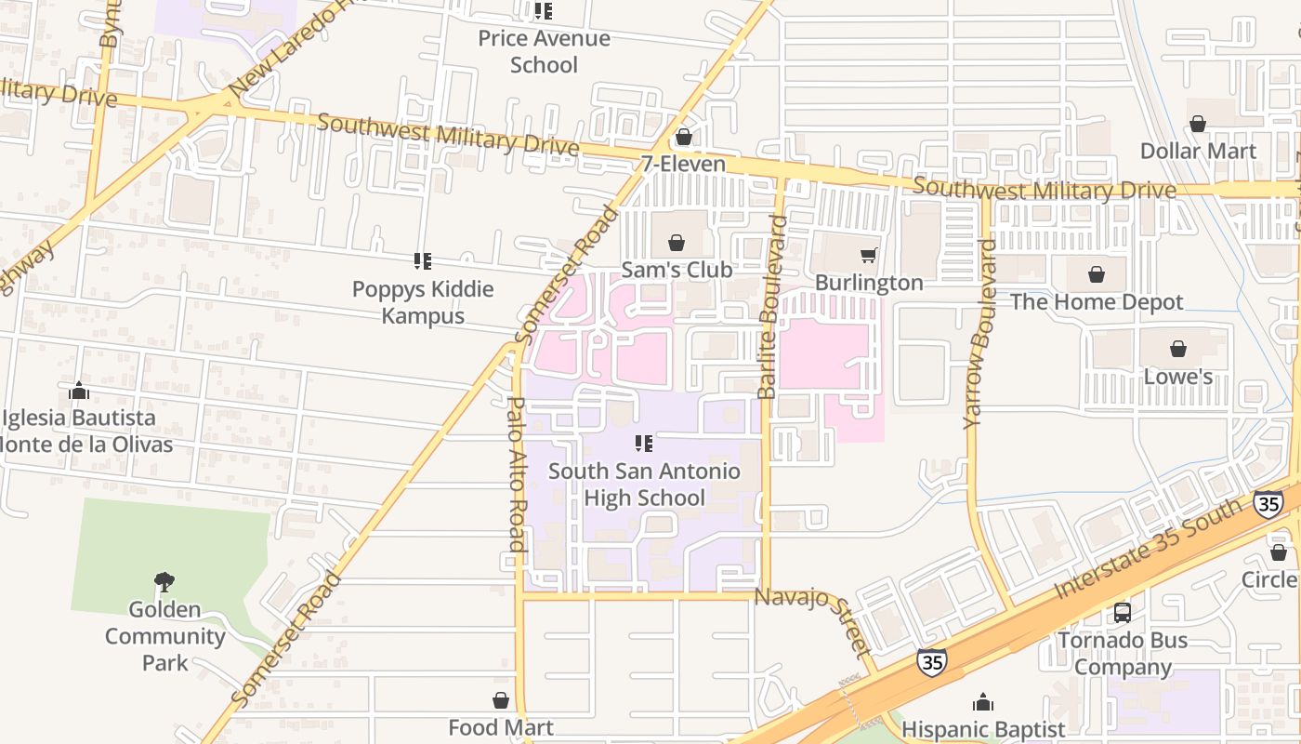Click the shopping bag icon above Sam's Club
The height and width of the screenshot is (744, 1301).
(x=677, y=244)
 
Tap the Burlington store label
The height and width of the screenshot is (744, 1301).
(x=869, y=283)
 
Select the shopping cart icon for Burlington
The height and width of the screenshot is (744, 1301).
(x=868, y=256)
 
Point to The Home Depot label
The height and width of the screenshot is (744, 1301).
(x=1097, y=302)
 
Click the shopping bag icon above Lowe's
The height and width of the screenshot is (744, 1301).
(x=1177, y=350)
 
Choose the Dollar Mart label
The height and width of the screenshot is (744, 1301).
(x=1198, y=151)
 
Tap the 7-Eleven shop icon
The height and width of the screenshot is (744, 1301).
(x=684, y=138)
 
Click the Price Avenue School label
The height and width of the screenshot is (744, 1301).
(x=544, y=52)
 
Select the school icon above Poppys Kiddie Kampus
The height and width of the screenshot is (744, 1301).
(x=423, y=261)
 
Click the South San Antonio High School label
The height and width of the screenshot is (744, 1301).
(x=644, y=485)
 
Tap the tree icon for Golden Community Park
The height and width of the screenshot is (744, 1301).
(x=164, y=582)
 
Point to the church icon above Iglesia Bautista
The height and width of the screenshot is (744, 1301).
(x=79, y=391)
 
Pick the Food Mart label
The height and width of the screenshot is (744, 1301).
(x=501, y=727)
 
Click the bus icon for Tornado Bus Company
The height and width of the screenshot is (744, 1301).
(x=1123, y=613)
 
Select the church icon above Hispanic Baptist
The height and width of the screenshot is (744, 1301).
(x=983, y=702)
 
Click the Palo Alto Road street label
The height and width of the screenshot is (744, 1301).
(x=517, y=474)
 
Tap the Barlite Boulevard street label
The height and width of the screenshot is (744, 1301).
(x=770, y=307)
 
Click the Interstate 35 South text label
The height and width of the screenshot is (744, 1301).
(x=1148, y=549)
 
